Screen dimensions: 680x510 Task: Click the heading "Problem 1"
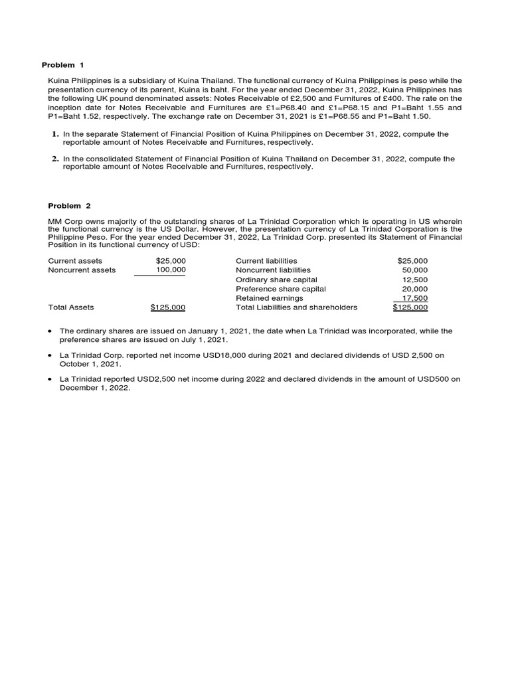point(63,65)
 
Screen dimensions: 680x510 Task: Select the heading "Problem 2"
point(63,206)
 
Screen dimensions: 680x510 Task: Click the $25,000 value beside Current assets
point(171,261)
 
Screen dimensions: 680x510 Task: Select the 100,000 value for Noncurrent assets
point(171,270)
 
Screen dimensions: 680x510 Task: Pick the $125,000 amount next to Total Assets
point(168,307)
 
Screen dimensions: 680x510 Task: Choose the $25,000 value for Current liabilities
point(412,261)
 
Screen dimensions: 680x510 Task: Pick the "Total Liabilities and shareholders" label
point(296,307)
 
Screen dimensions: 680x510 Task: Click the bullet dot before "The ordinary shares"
point(51,331)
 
